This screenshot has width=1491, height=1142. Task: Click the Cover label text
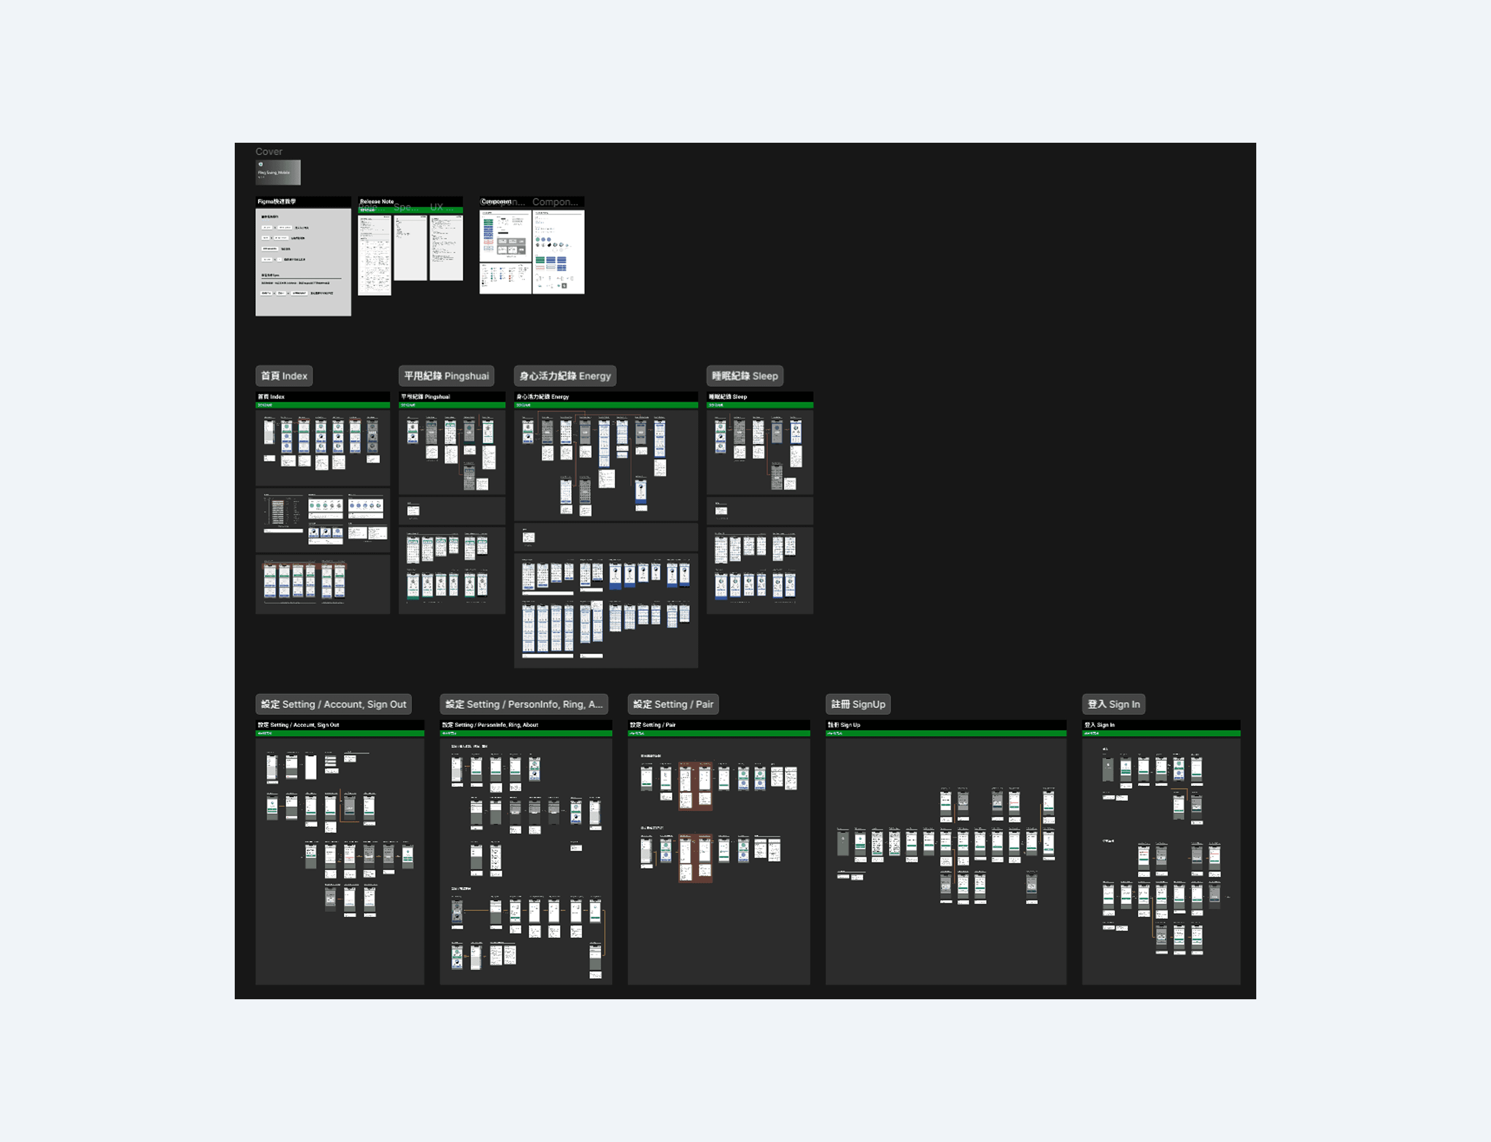pyautogui.click(x=269, y=152)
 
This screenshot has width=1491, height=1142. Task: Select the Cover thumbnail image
pyautogui.click(x=278, y=172)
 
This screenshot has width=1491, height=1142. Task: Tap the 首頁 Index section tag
pyautogui.click(x=283, y=376)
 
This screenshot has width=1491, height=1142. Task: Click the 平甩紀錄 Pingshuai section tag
pyautogui.click(x=446, y=376)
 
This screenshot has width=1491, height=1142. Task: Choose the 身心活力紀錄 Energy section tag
pyautogui.click(x=565, y=376)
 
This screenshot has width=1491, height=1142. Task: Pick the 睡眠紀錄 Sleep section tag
pyautogui.click(x=744, y=376)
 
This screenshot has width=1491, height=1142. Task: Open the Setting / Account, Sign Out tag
pyautogui.click(x=333, y=704)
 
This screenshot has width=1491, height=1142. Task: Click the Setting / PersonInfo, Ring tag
pyautogui.click(x=523, y=704)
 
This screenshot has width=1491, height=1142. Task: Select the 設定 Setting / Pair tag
pyautogui.click(x=673, y=704)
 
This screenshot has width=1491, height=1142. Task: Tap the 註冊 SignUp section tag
pyautogui.click(x=858, y=704)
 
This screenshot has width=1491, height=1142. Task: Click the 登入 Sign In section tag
pyautogui.click(x=1113, y=704)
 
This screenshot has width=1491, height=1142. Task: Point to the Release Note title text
pyautogui.click(x=376, y=202)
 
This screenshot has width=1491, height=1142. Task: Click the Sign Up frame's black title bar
pyautogui.click(x=945, y=725)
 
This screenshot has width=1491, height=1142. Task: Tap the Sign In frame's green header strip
pyautogui.click(x=1161, y=733)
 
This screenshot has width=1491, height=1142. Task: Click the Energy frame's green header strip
pyautogui.click(x=605, y=405)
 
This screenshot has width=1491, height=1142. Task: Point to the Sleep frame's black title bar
pyautogui.click(x=759, y=397)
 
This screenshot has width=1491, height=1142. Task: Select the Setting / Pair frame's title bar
pyautogui.click(x=718, y=725)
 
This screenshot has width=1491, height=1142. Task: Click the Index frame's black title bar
pyautogui.click(x=323, y=397)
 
